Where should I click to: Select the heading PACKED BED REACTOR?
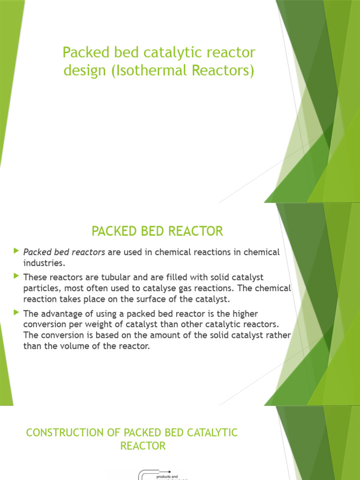157,231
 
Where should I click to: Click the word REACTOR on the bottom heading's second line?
143,446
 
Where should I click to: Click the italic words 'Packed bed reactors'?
64,252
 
